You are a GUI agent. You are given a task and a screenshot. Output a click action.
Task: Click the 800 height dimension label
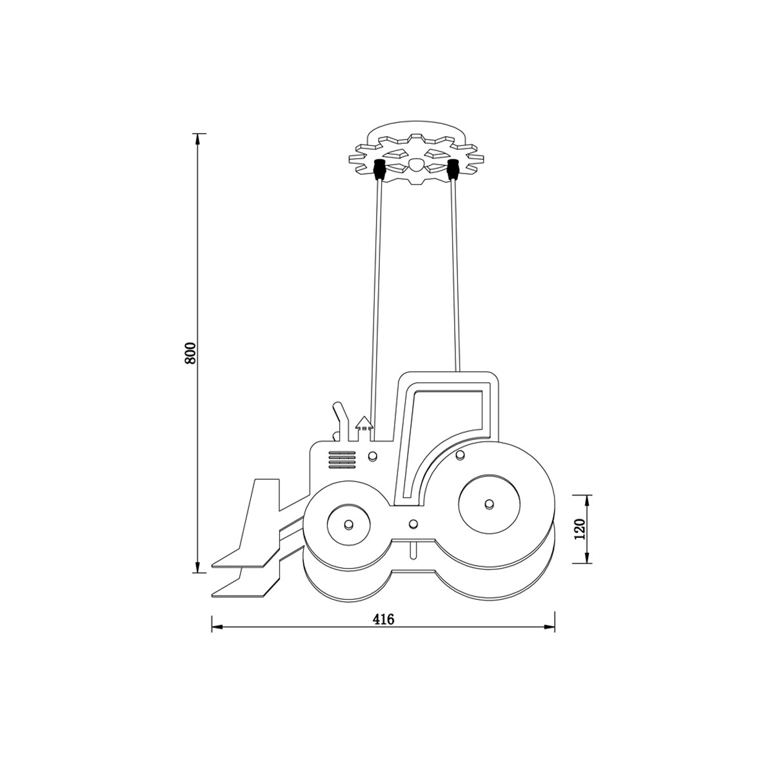190,353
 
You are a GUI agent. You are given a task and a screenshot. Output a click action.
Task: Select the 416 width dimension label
384,619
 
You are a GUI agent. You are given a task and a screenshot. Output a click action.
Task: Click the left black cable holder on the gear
379,170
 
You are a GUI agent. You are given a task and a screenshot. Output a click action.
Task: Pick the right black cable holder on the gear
453,170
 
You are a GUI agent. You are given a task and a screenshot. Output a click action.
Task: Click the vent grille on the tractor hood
342,460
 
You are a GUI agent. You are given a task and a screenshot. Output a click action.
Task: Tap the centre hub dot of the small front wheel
349,524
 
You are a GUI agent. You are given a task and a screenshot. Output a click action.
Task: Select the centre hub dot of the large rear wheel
488,504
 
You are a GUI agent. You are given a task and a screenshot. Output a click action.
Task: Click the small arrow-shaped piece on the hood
364,428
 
